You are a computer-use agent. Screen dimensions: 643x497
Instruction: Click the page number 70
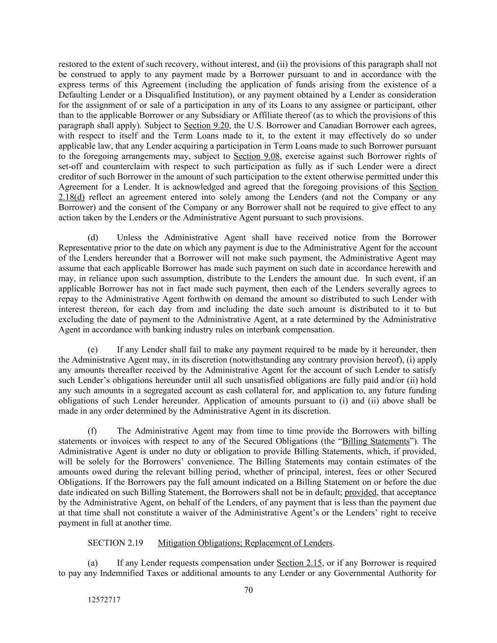[x=249, y=590]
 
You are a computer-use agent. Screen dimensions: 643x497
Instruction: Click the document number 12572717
[x=104, y=600]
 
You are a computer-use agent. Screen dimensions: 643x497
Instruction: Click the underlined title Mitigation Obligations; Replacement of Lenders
[x=245, y=543]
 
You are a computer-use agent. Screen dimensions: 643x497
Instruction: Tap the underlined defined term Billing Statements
[x=375, y=441]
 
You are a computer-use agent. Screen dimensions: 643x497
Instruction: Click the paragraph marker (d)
[x=93, y=237]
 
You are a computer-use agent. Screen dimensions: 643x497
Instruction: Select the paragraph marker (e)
[x=93, y=350]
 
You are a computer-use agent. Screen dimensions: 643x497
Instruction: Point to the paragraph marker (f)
[x=93, y=431]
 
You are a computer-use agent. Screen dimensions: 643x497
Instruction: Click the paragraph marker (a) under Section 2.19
[x=93, y=563]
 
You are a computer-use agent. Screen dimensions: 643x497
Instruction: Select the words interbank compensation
[x=295, y=330]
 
